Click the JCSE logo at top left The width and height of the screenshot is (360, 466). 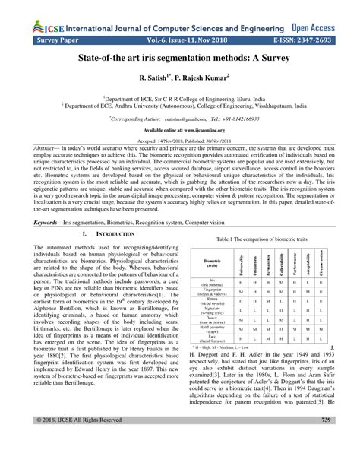31,11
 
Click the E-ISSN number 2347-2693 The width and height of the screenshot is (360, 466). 311,25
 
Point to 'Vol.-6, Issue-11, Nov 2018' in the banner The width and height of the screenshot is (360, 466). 180,25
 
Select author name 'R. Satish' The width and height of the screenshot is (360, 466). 153,78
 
